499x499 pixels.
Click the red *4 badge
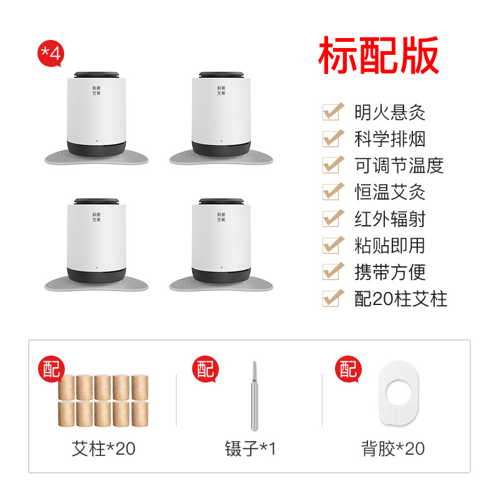tap(51, 54)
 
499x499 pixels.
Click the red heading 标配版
tap(379, 56)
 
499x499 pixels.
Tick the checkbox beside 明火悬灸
tap(333, 112)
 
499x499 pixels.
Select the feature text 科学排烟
tap(390, 139)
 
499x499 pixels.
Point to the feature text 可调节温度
tap(399, 165)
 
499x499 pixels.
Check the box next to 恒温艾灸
tap(333, 191)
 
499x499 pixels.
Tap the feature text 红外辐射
tap(390, 219)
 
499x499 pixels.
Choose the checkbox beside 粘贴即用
tap(333, 245)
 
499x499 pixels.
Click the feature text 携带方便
tap(390, 273)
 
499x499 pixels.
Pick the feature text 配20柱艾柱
tap(401, 299)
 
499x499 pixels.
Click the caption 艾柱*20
tap(104, 448)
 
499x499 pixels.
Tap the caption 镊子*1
tap(250, 448)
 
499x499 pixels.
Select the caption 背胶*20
tap(393, 448)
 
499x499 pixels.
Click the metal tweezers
tap(254, 396)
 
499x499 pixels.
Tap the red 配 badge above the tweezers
tap(206, 369)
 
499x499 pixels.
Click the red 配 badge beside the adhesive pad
tap(349, 369)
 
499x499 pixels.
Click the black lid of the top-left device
tap(97, 75)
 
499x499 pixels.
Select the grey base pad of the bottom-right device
tap(221, 284)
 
